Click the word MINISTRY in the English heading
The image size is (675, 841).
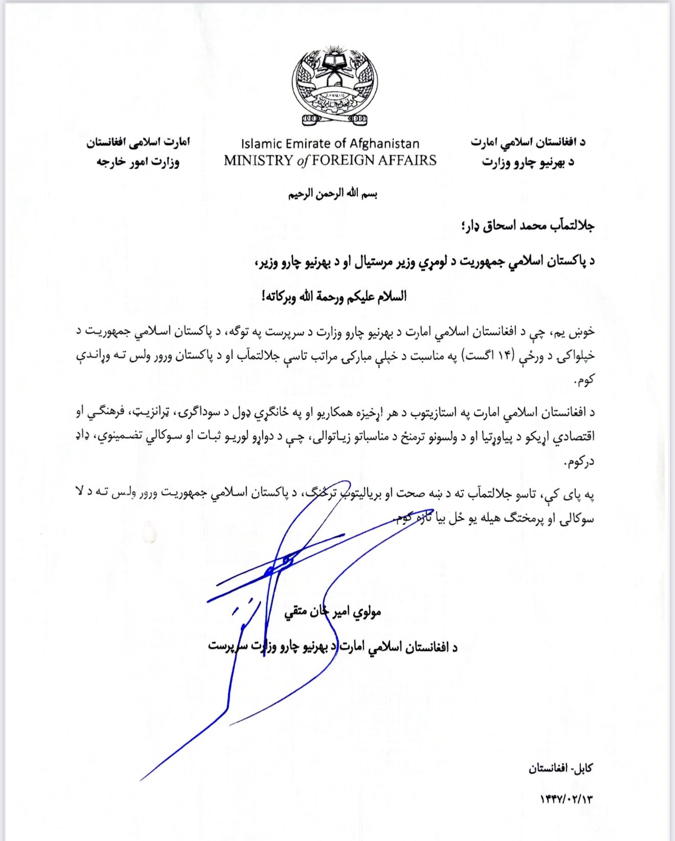click(x=258, y=160)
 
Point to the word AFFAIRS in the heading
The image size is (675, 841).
click(x=408, y=160)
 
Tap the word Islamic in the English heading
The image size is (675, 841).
click(x=262, y=144)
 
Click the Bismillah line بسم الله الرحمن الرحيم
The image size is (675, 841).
click(x=332, y=194)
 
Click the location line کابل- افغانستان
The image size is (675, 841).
click(x=560, y=768)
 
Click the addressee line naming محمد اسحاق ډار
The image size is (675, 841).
click(x=527, y=226)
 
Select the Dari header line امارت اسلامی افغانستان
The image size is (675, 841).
click(x=138, y=142)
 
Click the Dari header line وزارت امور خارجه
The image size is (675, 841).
click(x=138, y=162)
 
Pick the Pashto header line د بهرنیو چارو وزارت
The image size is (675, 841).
click(x=528, y=162)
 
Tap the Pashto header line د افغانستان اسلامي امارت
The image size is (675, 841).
click(x=528, y=142)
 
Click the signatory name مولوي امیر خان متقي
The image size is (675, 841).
click(x=333, y=612)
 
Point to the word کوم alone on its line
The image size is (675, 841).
click(x=584, y=380)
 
